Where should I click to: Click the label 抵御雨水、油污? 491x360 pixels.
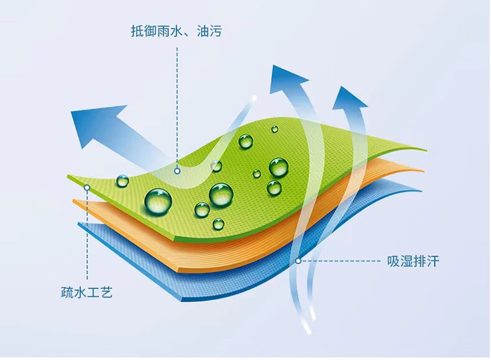[x=177, y=31]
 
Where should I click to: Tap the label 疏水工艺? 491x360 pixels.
[x=87, y=292]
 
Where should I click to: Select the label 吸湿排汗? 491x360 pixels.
[x=413, y=261]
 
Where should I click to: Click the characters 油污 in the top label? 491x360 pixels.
[x=209, y=31]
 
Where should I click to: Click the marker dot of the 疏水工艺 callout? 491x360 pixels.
[x=87, y=188]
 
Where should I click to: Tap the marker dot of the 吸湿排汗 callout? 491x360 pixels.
[x=298, y=261]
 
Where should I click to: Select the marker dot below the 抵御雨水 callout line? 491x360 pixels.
[x=177, y=171]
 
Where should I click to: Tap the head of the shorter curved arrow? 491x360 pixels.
[x=349, y=99]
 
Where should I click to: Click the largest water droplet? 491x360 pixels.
[x=158, y=201]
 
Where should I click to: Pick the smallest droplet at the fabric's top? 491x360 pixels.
[x=275, y=129]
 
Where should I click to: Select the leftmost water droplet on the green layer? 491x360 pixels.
[x=122, y=181]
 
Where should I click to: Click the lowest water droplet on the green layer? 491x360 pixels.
[x=218, y=224]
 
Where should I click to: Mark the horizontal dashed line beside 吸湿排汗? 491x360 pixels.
[x=341, y=261]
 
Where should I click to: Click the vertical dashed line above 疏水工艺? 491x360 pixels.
[x=87, y=235]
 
